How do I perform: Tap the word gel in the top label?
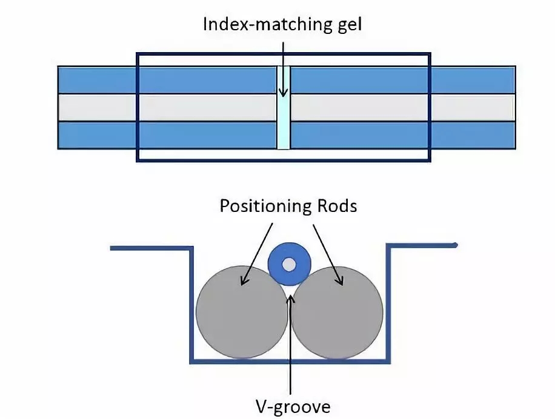pos(345,25)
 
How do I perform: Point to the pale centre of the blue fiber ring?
pos(289,265)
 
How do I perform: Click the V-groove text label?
pos(292,404)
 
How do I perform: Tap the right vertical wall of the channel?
pos(388,303)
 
